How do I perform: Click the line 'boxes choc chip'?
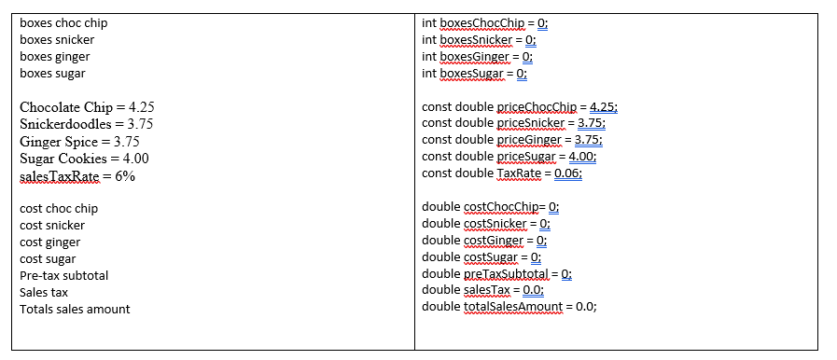(63, 23)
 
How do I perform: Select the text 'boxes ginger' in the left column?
(55, 57)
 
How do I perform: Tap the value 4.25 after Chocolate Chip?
(140, 107)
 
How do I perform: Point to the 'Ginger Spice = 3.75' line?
(79, 142)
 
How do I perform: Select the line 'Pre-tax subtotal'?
(63, 276)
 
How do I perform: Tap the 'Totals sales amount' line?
(75, 310)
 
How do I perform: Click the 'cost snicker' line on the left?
(52, 226)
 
